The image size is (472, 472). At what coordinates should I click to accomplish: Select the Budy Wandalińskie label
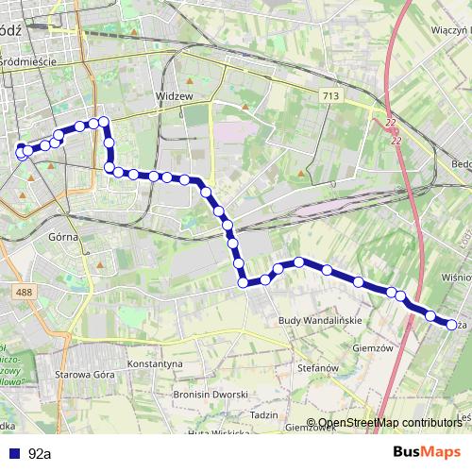(320, 322)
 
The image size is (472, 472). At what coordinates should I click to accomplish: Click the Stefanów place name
(317, 367)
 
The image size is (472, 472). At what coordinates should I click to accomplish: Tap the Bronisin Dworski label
(211, 395)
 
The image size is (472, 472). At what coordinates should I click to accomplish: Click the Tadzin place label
(264, 415)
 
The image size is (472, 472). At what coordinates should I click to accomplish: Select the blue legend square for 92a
(10, 453)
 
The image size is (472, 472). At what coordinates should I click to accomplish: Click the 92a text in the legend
(40, 453)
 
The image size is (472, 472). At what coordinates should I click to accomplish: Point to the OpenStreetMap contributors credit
(389, 423)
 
